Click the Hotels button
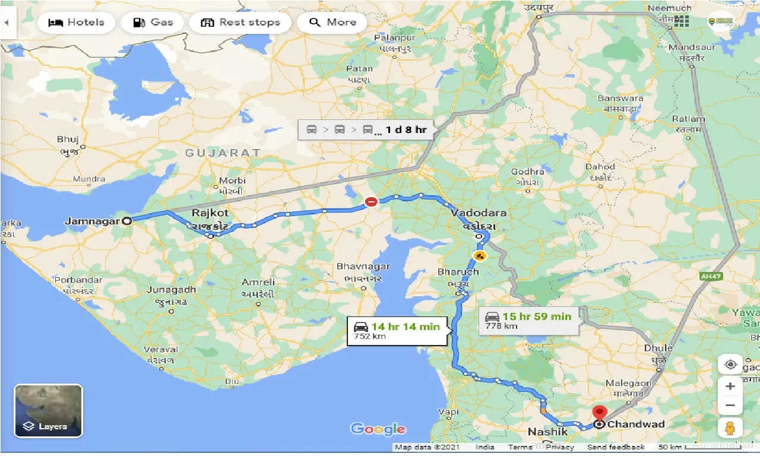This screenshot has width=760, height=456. coord(75,23)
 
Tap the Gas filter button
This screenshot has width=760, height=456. coord(153,23)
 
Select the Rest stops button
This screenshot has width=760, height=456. coord(240,23)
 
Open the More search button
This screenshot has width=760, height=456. coord(332,23)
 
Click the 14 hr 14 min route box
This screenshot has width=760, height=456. coord(397,330)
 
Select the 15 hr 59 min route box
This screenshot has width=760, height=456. coord(527,320)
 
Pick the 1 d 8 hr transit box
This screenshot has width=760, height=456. coord(366,129)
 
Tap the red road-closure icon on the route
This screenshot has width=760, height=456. coord(371,202)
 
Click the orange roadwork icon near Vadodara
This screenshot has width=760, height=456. coord(479,256)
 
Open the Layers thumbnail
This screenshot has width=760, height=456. coord(48,410)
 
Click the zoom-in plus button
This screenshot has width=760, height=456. coord(730,387)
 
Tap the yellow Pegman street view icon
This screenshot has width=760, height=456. coord(730,427)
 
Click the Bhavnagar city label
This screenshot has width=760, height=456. coord(363,267)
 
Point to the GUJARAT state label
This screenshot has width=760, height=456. coord(223,153)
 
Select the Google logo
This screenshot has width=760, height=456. coord(378,429)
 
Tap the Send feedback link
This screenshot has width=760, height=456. coord(616,447)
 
